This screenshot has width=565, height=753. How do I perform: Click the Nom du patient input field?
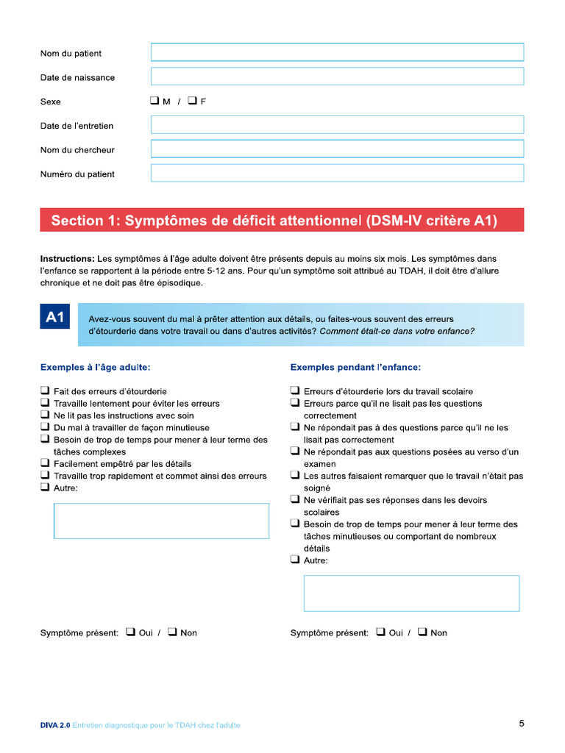click(337, 52)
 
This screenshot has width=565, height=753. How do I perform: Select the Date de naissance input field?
click(337, 76)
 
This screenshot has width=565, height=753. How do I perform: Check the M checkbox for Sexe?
click(155, 101)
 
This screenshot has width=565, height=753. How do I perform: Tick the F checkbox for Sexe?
click(193, 101)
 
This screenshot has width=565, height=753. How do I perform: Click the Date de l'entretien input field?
click(337, 125)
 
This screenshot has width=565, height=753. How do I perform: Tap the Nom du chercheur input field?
click(337, 149)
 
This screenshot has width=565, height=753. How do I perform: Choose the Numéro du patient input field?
click(337, 174)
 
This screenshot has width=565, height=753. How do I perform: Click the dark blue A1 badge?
click(55, 318)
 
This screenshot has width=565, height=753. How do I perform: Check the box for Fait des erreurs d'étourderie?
click(46, 391)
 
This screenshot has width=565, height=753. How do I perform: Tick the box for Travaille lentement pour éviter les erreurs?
click(46, 403)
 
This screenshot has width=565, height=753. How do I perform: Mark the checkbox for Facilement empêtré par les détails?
click(46, 463)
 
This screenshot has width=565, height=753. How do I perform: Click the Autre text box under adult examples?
click(162, 521)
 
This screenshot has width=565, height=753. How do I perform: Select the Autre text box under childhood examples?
click(411, 593)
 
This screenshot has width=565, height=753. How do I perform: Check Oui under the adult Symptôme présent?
click(130, 632)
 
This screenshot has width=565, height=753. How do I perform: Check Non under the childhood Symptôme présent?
click(422, 632)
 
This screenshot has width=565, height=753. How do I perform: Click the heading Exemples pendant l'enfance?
click(355, 367)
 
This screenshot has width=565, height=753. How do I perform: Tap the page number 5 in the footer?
click(522, 724)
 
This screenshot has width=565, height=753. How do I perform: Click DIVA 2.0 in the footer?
click(55, 725)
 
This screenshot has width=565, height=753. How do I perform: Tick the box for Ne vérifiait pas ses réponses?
click(295, 500)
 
